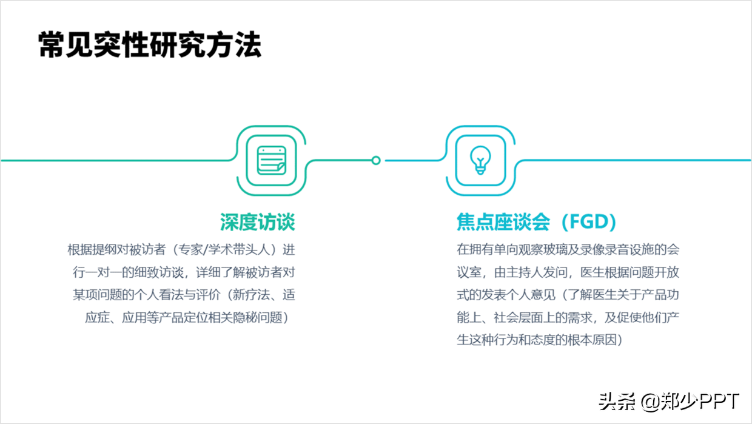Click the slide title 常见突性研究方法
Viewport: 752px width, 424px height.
tap(150, 45)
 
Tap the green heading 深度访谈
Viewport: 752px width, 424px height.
tap(257, 222)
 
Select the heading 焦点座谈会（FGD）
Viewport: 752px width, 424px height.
tap(536, 222)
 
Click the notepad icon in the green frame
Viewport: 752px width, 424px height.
tap(270, 161)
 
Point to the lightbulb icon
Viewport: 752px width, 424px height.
tap(480, 161)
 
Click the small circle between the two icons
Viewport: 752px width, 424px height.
tap(376, 161)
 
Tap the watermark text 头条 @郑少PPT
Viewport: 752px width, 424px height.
tap(669, 401)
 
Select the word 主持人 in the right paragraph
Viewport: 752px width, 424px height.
tap(525, 272)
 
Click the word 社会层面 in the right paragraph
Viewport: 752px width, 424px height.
tap(525, 318)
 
